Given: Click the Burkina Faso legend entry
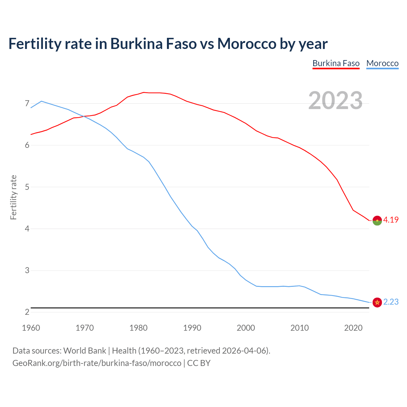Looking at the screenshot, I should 336,63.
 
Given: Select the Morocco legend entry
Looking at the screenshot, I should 382,63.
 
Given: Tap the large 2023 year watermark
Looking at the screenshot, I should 335,100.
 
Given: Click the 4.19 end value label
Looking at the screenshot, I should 391,220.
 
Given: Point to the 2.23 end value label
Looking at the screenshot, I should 391,302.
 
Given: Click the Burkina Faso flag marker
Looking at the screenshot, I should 377,220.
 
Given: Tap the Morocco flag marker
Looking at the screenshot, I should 377,302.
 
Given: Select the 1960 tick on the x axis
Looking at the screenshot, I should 31,328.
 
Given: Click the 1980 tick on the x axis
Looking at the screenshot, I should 138,328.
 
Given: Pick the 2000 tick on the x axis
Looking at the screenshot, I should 246,328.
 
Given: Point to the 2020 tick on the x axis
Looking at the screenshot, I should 353,328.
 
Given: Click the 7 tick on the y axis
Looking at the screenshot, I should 27,104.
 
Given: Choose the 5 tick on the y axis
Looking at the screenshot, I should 27,187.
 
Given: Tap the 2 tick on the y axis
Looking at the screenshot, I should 27,312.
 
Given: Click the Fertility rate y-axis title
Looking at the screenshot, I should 13,197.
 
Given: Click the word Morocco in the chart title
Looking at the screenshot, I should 246,44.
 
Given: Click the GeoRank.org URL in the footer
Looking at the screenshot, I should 97,363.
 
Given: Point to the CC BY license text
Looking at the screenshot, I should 199,363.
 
